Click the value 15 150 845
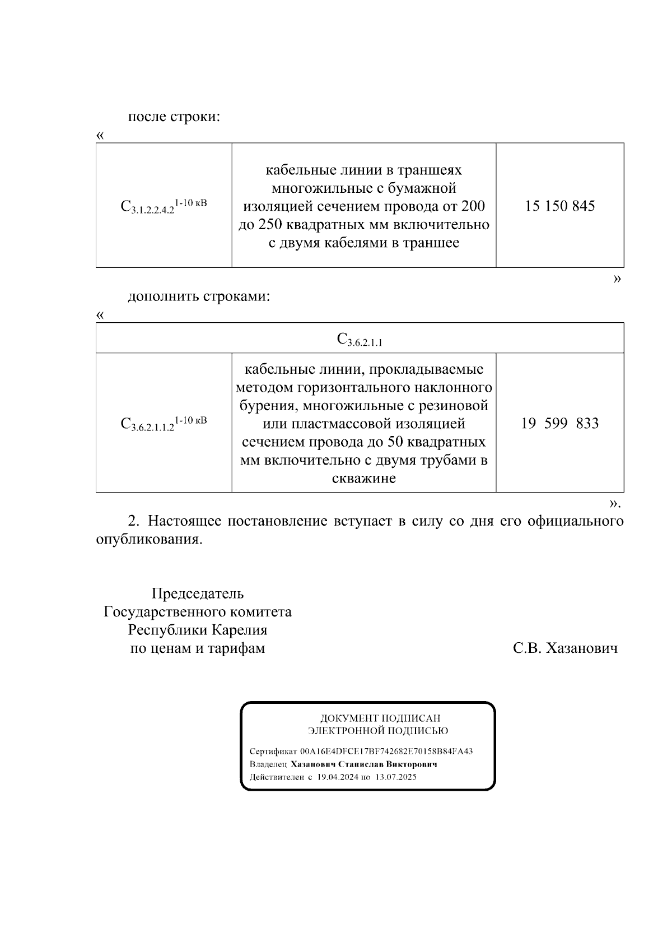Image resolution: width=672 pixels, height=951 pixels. [x=559, y=206]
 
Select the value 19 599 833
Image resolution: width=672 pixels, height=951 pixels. [x=559, y=423]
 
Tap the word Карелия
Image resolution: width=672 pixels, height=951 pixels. [x=240, y=630]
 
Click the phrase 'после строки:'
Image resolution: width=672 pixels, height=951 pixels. [x=174, y=117]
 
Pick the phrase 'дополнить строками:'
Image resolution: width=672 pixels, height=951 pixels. [x=199, y=296]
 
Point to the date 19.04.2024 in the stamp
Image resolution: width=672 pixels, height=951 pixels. [x=337, y=777]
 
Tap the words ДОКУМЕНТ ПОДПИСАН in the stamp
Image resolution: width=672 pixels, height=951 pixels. [x=380, y=718]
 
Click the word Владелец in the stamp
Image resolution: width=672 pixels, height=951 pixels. [x=268, y=764]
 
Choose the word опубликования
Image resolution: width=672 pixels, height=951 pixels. [x=148, y=540]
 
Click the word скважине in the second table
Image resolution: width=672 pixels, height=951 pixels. [x=364, y=479]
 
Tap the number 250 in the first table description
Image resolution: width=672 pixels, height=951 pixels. [x=270, y=225]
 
